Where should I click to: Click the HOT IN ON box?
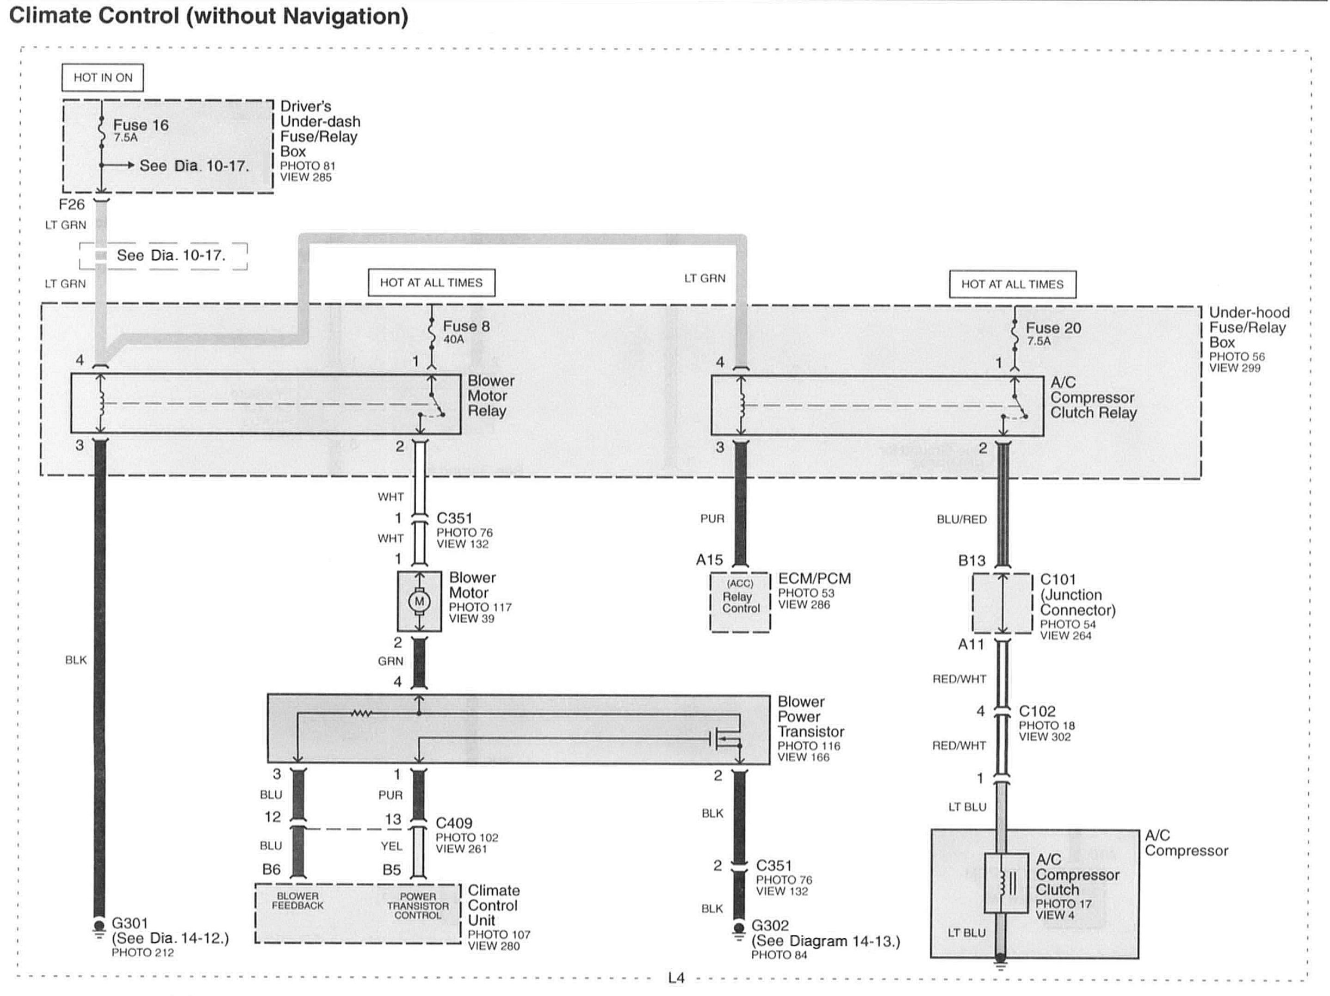pos(103,78)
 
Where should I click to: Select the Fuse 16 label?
pos(141,125)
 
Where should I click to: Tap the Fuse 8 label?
pos(466,327)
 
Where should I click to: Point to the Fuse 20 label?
pos(1053,328)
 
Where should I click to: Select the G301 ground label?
pos(130,923)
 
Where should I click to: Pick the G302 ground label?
pos(770,926)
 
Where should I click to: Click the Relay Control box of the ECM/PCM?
pos(740,602)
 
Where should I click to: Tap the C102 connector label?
pos(1037,711)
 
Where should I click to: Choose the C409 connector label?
pos(454,823)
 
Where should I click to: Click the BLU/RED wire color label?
pos(961,520)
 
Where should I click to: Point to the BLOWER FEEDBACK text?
pos(298,901)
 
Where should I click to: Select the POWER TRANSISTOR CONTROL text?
pos(418,906)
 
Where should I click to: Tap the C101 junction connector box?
pos(1003,603)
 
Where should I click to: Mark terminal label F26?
pos(72,205)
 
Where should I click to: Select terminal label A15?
pos(709,560)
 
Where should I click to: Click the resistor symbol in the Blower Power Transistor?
pos(361,714)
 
